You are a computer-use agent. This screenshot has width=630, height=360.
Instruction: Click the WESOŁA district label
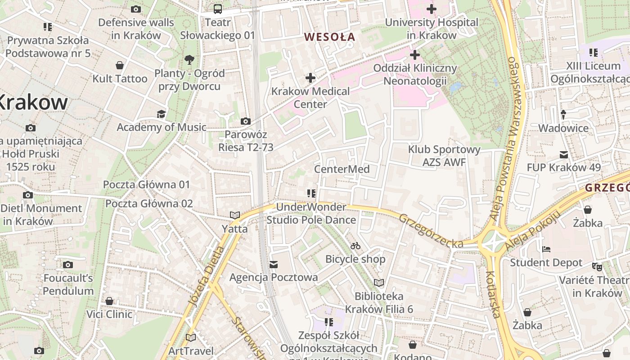(x=330, y=37)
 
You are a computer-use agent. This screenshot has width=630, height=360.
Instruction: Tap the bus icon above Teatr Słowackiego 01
(x=217, y=9)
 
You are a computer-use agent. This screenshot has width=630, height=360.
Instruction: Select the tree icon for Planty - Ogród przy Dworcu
(x=189, y=59)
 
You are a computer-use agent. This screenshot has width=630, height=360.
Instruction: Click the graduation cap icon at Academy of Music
(x=161, y=114)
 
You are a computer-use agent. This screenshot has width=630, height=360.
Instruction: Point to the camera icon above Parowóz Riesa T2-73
(x=246, y=121)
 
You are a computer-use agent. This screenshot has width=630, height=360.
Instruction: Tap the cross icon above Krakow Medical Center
(x=310, y=78)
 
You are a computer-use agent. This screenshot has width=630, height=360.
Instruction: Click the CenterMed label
(x=342, y=169)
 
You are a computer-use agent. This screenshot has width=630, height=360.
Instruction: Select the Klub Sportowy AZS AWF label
(x=444, y=156)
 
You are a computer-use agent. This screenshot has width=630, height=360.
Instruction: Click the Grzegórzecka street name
(x=431, y=231)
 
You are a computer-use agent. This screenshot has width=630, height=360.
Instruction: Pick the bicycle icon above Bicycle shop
(x=355, y=246)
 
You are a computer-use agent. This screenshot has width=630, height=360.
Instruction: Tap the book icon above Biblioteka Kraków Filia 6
(x=379, y=283)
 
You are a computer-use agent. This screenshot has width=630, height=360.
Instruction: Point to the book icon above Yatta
(x=235, y=215)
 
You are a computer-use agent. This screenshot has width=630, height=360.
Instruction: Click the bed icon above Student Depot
(x=546, y=249)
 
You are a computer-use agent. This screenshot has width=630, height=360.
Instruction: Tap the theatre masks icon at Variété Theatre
(x=597, y=266)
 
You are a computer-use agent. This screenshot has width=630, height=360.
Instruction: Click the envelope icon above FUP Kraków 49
(x=563, y=155)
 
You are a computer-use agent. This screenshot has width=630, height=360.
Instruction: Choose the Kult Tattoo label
(x=120, y=79)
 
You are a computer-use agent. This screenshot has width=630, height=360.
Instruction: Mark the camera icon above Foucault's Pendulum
(x=68, y=265)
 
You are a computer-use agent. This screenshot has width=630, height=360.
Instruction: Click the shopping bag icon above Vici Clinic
(x=109, y=301)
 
